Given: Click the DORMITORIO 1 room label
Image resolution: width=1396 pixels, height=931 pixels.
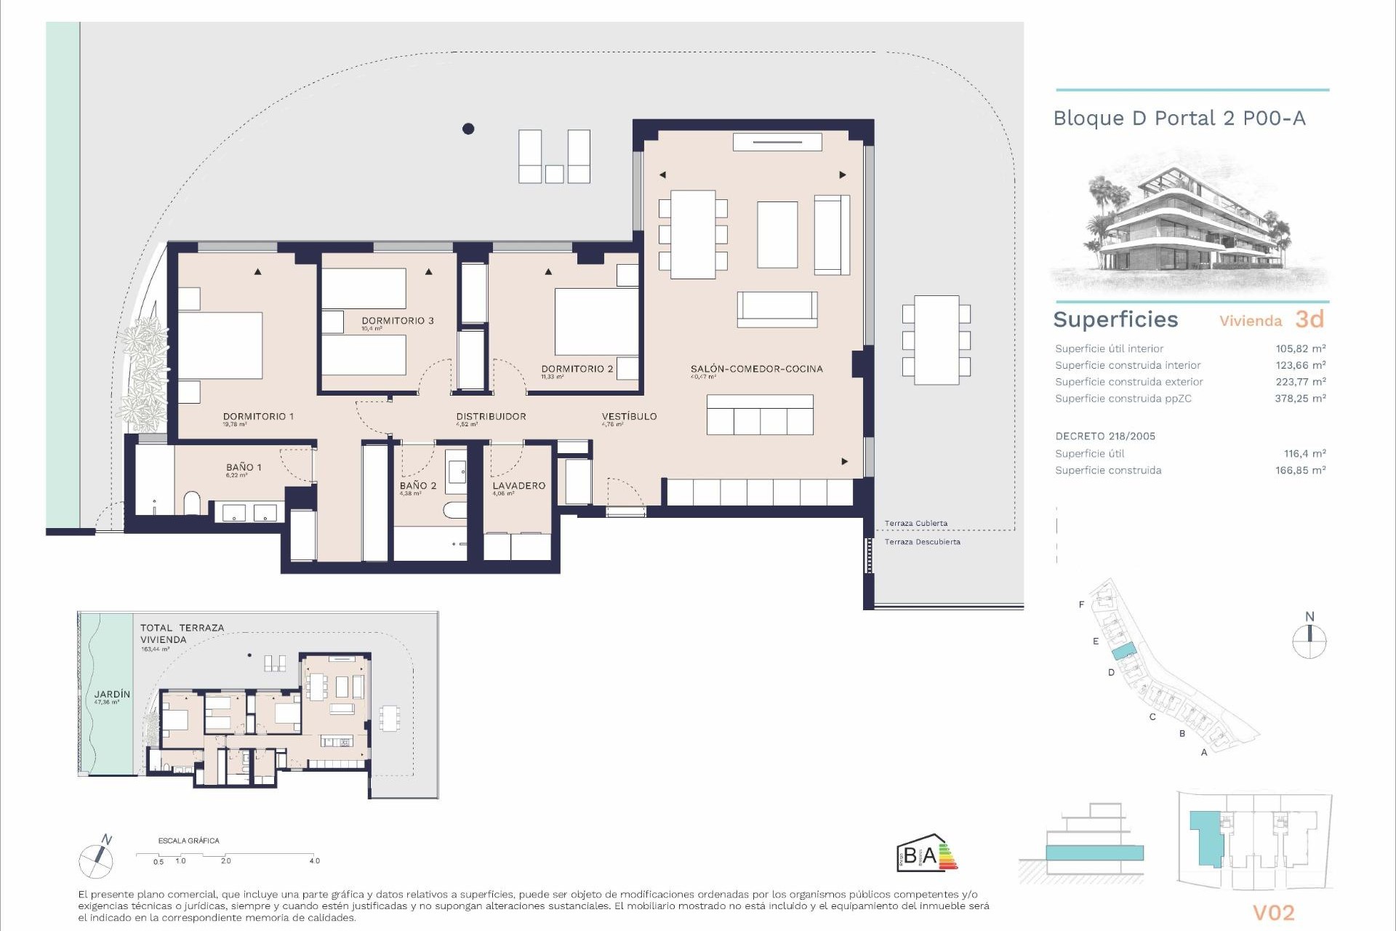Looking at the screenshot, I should pos(258,417).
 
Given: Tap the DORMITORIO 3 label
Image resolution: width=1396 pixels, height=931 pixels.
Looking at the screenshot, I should pos(398,321).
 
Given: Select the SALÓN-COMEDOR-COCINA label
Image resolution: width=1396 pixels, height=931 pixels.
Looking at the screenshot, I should pos(756,369).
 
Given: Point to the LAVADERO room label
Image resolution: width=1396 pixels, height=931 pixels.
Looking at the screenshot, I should pos(518,485).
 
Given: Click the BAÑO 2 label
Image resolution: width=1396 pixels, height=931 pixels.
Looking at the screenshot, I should pos(418,485).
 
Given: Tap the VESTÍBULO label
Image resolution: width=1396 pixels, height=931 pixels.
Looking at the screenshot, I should pos(629,416).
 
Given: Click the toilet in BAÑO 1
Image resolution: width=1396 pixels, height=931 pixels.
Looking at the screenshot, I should pos(192,503).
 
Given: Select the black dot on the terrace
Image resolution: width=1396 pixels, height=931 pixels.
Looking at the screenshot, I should pos(468,129).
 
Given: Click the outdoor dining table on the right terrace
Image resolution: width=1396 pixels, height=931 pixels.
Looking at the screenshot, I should pos(936,340).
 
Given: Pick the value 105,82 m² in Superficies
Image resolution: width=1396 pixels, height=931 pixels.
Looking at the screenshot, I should pos(1300,348).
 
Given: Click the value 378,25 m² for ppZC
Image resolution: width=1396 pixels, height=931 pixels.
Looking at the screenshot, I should pos(1300,399).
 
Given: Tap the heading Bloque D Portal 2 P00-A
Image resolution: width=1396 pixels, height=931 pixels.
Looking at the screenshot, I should pos(1179,119).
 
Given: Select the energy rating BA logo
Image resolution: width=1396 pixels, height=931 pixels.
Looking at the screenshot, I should pos(926,853).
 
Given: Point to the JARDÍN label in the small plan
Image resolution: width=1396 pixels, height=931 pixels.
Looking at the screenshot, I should pos(112,695).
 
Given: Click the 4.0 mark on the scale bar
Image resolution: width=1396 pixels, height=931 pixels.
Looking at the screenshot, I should pos(314,860).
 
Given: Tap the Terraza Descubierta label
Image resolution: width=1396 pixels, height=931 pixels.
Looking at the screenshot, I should pos(922,542).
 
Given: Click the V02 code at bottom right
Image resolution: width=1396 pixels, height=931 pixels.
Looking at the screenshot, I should pos(1273,912).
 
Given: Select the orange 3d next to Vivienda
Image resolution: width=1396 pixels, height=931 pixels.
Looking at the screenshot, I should pos(1309,319).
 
